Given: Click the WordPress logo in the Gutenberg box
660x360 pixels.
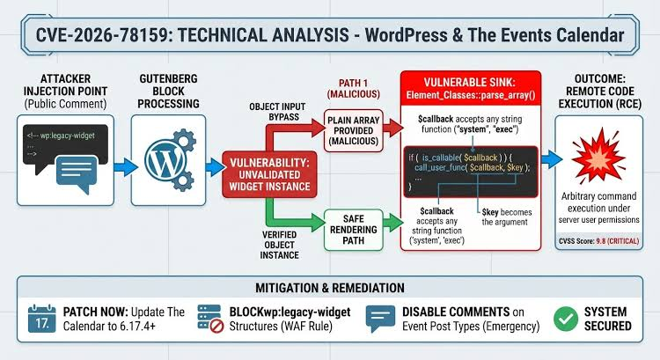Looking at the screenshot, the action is (165, 161).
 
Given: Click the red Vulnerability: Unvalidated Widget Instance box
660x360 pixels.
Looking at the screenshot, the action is (269, 174).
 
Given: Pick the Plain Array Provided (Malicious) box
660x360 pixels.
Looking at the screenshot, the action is (354, 130).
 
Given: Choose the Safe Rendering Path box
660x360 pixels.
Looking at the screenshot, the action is (354, 230).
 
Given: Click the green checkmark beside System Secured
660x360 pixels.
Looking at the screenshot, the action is (566, 319).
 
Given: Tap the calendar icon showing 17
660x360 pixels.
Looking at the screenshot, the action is (41, 319).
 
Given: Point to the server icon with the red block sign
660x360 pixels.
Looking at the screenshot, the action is (211, 319).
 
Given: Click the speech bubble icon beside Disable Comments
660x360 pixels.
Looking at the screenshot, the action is (380, 319).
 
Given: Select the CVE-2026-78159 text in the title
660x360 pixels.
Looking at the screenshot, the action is (101, 35).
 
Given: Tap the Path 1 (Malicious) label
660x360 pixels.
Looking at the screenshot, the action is (354, 88).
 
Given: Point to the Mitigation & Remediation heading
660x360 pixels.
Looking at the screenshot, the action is (330, 288).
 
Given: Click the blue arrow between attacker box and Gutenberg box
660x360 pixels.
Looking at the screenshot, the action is (126, 167).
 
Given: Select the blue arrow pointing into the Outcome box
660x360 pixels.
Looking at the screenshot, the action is (552, 159).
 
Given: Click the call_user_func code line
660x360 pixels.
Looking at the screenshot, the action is (473, 167).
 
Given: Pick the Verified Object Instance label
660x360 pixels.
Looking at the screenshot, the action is (280, 245).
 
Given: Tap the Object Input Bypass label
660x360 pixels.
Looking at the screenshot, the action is (277, 112).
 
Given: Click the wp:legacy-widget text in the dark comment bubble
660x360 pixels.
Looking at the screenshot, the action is (61, 136).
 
